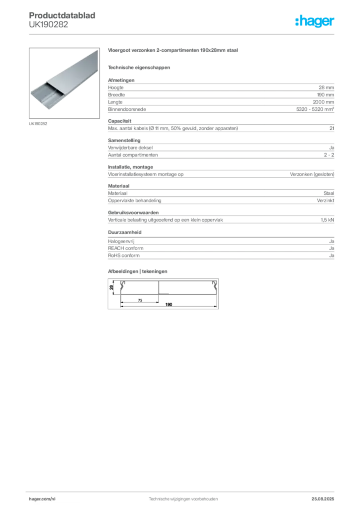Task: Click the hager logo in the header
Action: pyautogui.click(x=315, y=21)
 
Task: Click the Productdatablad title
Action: pyautogui.click(x=62, y=15)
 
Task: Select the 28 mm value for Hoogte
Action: pyautogui.click(x=326, y=87)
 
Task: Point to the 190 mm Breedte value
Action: pyautogui.click(x=326, y=95)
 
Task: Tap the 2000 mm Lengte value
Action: pyautogui.click(x=323, y=102)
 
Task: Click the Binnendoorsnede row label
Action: pyautogui.click(x=127, y=109)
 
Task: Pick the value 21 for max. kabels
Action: pyautogui.click(x=332, y=128)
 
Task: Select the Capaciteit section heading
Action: pyautogui.click(x=120, y=121)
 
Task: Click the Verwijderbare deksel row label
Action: pyautogui.click(x=130, y=148)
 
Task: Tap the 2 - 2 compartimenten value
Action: pyautogui.click(x=329, y=155)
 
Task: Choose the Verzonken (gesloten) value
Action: pyautogui.click(x=312, y=174)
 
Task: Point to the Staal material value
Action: pyautogui.click(x=329, y=193)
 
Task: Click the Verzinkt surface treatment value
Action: pyautogui.click(x=326, y=201)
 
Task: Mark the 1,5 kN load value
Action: pyautogui.click(x=327, y=220)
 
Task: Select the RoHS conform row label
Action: pyautogui.click(x=124, y=255)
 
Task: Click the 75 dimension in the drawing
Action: pyautogui.click(x=140, y=300)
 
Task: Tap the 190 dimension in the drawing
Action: pyautogui.click(x=169, y=305)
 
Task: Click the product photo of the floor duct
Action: pyautogui.click(x=64, y=83)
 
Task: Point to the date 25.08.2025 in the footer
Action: pyautogui.click(x=323, y=499)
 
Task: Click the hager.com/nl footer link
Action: pyautogui.click(x=42, y=499)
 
